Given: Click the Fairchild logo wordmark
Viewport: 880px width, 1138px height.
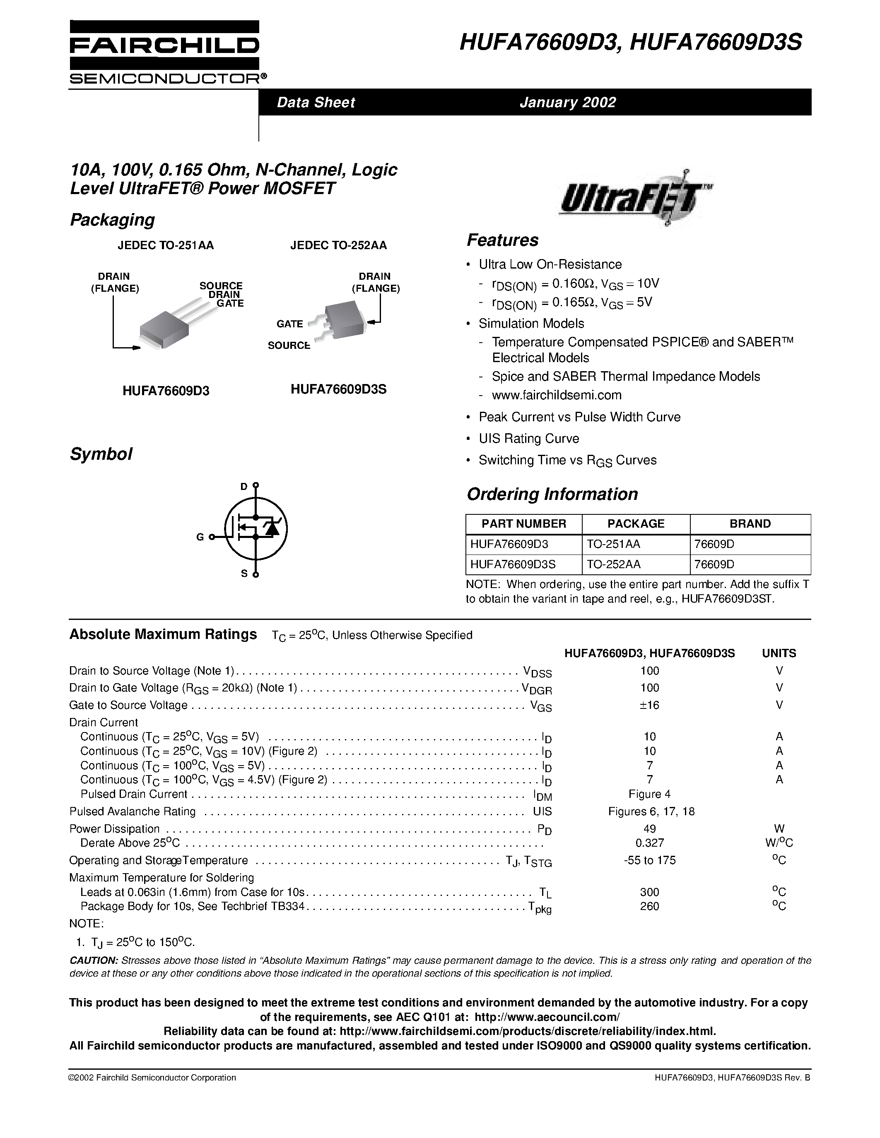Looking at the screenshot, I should click(164, 46).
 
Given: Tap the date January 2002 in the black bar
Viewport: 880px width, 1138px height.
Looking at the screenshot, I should click(567, 102).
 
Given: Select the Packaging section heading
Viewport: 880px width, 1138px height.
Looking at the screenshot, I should click(112, 220).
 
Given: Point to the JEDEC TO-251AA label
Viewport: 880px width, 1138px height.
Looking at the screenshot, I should click(165, 245).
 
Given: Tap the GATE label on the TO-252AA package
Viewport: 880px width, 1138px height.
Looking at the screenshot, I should click(289, 324).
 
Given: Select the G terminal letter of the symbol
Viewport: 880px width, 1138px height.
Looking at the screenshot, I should click(200, 537).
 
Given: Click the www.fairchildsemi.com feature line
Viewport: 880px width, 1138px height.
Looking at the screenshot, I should click(556, 395).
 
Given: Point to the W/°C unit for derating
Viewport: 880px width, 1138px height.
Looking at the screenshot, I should click(779, 843).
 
